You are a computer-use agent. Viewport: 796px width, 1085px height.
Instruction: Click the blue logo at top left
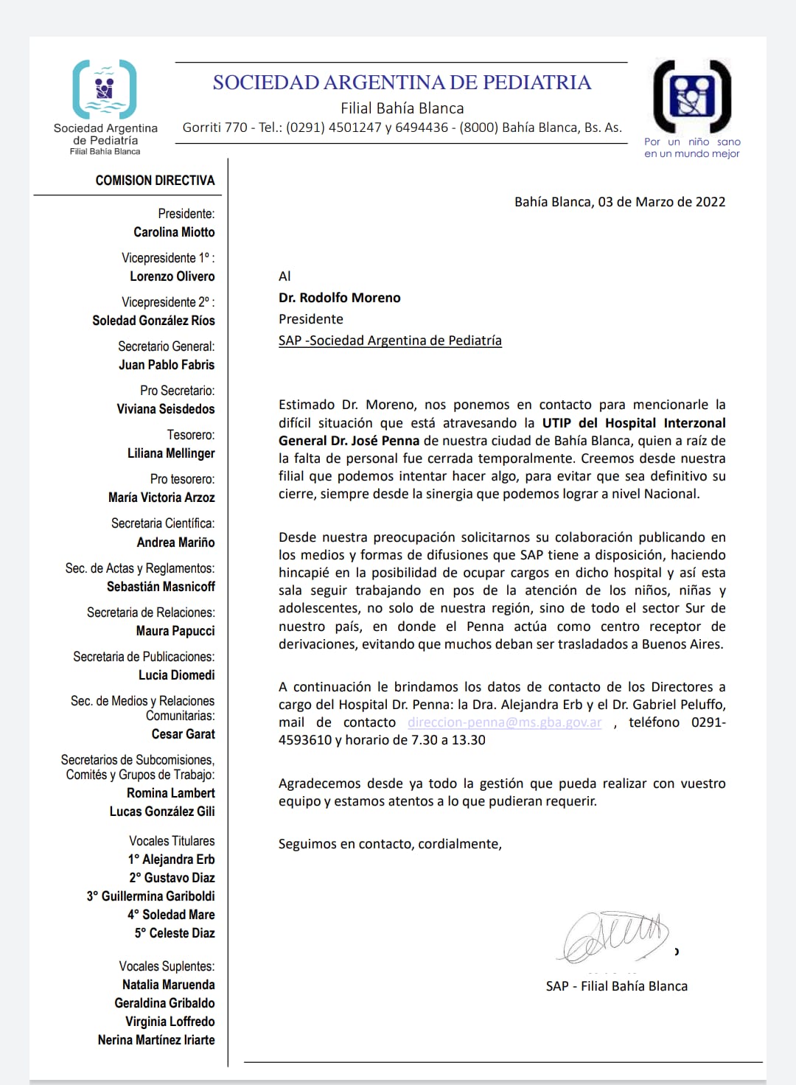pos(105,89)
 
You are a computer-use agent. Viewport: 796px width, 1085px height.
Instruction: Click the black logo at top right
pos(692,97)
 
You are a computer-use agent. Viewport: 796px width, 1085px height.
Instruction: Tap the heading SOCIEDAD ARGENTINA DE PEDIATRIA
pos(402,83)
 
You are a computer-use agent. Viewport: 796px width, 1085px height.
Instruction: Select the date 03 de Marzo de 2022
pos(661,202)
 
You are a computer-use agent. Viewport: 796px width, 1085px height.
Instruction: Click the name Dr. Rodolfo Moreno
pos(340,298)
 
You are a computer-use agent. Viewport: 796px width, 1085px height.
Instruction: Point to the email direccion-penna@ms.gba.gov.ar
pos(504,722)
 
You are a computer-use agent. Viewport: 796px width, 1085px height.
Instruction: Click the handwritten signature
pos(615,935)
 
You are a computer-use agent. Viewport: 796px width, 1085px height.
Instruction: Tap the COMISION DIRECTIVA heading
pos(155,181)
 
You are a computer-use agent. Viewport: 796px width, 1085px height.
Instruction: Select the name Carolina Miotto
pos(174,232)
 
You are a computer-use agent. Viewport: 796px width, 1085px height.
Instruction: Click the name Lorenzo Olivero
pos(172,276)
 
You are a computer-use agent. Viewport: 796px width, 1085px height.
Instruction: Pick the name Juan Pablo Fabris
pos(167,365)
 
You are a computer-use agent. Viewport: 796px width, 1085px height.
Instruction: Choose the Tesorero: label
pos(191,435)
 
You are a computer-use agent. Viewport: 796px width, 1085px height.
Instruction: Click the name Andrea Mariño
pos(175,542)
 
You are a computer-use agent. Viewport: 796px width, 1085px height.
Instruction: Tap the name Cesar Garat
pos(183,734)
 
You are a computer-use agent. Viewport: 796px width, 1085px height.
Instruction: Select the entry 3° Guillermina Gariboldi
pos(151,896)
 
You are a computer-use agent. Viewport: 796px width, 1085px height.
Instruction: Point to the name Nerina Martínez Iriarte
pos(156,1040)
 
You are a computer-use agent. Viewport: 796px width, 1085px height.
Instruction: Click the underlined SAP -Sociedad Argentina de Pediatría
pos(390,341)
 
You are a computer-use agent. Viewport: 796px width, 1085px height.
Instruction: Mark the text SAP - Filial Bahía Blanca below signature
pos(616,986)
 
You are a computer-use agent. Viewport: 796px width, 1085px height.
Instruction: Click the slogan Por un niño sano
pos(692,142)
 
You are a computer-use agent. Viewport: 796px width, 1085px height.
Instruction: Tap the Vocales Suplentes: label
pos(167,966)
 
